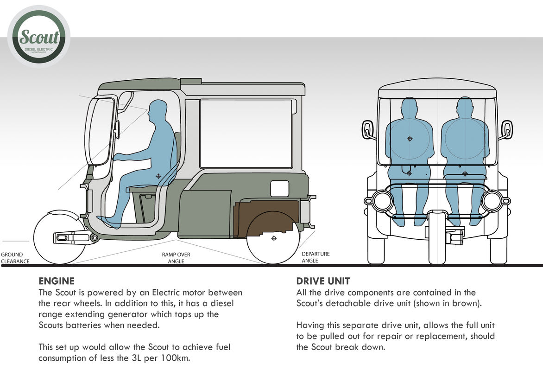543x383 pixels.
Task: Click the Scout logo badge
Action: coord(39,37)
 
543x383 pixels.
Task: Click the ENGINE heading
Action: coord(56,281)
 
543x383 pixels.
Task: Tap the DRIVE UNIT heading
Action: coord(323,281)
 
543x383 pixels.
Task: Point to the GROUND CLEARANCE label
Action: coord(15,258)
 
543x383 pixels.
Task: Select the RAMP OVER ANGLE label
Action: coord(176,258)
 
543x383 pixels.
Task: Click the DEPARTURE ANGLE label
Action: coord(316,257)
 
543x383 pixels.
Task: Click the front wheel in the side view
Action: coord(55,237)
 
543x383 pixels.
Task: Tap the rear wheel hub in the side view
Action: coord(273,238)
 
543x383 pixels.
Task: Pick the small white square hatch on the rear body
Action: coord(279,188)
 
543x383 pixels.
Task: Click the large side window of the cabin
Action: coord(246,134)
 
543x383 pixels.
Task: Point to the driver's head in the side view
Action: coord(158,110)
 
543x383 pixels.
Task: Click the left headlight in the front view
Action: coord(382,201)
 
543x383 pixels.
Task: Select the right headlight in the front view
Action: coord(491,201)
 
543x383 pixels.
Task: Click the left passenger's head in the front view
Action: coord(409,107)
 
